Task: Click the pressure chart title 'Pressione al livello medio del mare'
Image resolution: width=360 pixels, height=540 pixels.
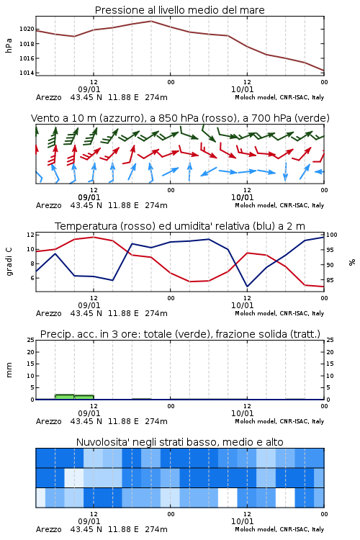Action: point(179,10)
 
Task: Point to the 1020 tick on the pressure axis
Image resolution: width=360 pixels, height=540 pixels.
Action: point(27,30)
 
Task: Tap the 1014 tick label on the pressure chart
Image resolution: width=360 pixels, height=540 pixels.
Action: point(27,73)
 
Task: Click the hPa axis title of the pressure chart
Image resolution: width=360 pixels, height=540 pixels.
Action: point(9,45)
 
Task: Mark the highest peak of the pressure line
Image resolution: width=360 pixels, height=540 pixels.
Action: point(151,21)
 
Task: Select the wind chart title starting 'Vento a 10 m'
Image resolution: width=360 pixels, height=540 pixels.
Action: point(180,118)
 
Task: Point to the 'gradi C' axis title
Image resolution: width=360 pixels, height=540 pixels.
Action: point(9,262)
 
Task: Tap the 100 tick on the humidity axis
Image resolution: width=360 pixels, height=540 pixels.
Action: point(332,235)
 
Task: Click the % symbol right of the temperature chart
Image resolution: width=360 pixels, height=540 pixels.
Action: point(352,262)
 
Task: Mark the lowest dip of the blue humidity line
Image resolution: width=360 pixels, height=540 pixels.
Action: point(247,286)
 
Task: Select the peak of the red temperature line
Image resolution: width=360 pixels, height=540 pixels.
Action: point(94,237)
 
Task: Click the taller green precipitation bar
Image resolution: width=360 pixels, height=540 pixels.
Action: point(65,397)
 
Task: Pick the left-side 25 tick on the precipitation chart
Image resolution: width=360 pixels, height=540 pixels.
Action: point(31,340)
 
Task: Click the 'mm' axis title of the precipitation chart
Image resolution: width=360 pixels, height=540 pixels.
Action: point(9,370)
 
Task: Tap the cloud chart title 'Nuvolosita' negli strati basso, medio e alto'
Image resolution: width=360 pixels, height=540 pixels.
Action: point(179,442)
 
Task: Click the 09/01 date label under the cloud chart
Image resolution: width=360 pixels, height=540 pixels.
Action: point(89,521)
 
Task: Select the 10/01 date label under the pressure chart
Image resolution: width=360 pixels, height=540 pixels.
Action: point(242,89)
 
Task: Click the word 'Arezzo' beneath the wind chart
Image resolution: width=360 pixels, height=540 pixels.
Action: point(48,206)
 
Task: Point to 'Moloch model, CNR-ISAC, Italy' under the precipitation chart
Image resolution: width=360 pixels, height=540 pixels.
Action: point(279,421)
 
